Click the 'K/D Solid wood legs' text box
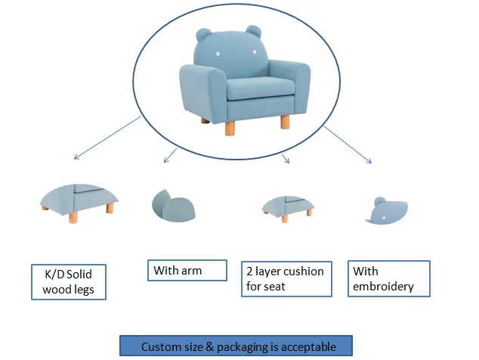click(69, 281)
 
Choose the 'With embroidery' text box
click(390, 278)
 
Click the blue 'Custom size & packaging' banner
click(237, 346)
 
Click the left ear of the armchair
click(203, 35)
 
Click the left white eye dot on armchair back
click(218, 54)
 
